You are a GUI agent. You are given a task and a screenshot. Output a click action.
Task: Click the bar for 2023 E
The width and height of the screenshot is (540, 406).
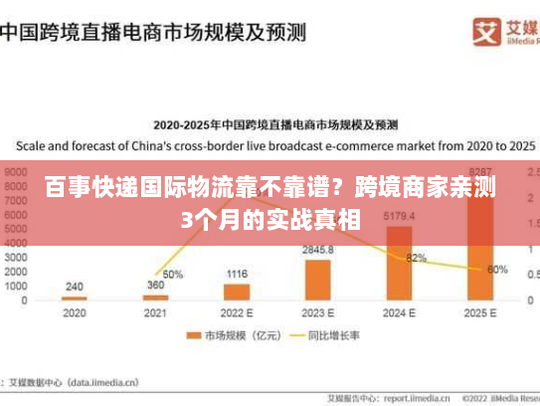(318, 280)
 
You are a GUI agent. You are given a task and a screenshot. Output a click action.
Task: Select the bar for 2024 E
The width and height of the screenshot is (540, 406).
(399, 263)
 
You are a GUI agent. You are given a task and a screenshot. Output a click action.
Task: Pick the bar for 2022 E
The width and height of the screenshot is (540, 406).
(237, 292)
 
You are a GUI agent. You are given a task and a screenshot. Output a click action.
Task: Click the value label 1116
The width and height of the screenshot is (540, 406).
(237, 274)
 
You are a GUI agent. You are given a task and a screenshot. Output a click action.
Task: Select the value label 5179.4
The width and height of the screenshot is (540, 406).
(399, 216)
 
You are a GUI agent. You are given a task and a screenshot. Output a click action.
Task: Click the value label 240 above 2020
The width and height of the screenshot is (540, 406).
(75, 287)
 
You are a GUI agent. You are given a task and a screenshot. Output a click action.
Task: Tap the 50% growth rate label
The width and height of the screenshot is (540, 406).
(173, 274)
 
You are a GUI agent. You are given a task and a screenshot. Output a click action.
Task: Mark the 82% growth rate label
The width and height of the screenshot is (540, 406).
(416, 258)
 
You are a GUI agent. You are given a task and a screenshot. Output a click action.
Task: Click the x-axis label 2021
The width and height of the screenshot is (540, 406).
(155, 312)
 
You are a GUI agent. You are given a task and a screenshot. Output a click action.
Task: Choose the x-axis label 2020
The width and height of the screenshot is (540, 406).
(75, 312)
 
